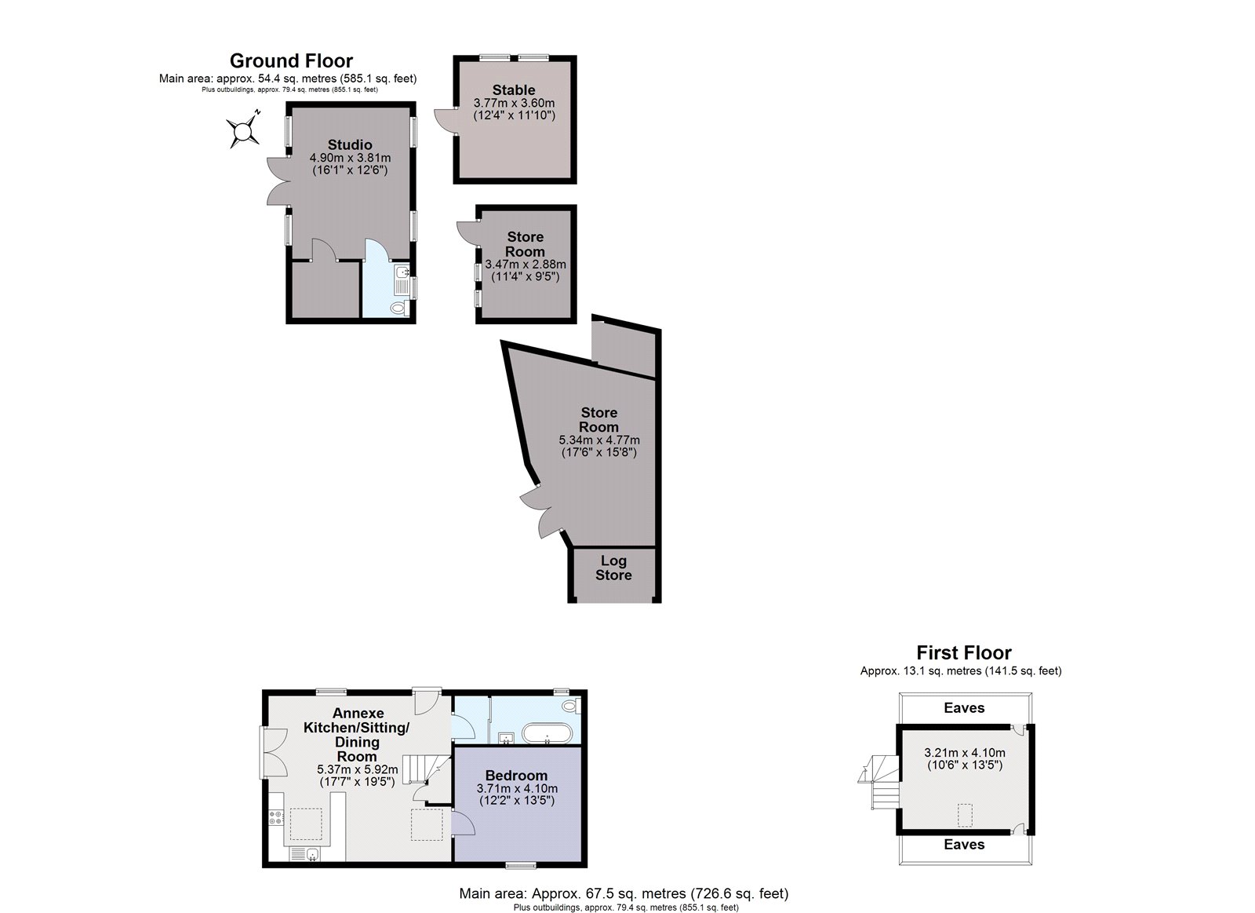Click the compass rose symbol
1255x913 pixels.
pos(242,130)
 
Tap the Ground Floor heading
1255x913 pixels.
pos(291,60)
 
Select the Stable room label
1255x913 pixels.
pos(514,89)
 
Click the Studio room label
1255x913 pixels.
pos(350,144)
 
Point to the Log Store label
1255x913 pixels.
pos(613,568)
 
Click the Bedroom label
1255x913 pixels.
pos(516,776)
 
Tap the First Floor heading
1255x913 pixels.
pos(964,653)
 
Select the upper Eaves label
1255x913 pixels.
pos(964,708)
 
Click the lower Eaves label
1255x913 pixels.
pos(964,845)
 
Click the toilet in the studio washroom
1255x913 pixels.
pos(400,307)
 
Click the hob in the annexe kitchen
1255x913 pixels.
pos(275,817)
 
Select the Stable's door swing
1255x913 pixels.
pos(446,119)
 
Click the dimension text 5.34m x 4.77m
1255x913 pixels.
pos(599,440)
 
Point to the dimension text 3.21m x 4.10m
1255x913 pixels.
pos(964,753)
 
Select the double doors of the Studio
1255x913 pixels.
pos(278,181)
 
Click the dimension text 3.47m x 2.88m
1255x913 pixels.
pos(525,264)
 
